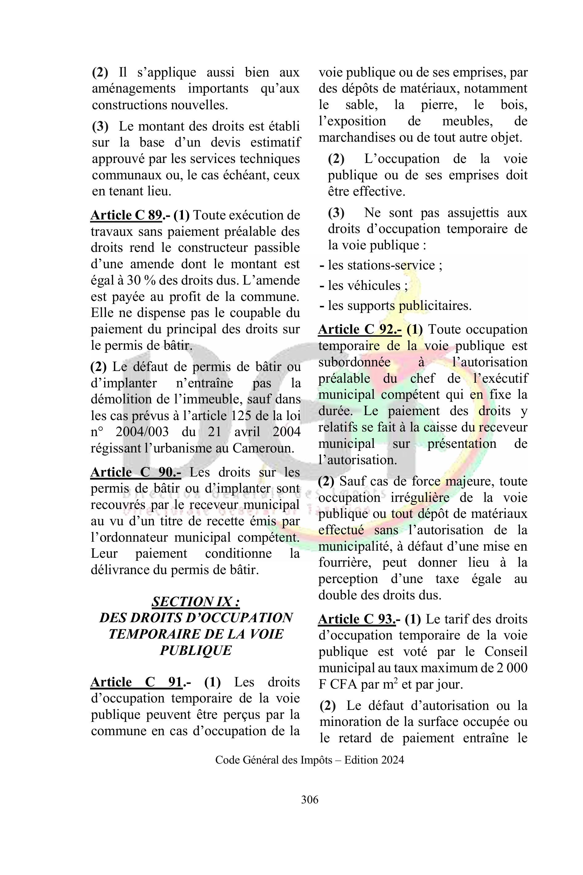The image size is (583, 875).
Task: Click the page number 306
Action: pos(309,799)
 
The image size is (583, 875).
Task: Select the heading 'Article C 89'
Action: pos(126,215)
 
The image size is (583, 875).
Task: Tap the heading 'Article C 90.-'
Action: pos(136,472)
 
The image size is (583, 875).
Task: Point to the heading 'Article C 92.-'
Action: pos(360,330)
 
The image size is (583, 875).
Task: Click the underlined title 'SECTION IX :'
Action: pos(196,602)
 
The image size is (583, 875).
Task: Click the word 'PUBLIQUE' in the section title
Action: pos(196,650)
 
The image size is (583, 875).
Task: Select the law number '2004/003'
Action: pos(142,431)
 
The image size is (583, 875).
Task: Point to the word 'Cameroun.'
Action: pos(263,448)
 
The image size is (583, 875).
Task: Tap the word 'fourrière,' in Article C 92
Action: pos(345,562)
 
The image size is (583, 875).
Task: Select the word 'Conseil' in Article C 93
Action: pos(506,652)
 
